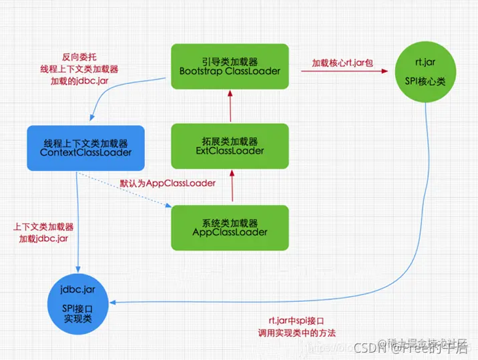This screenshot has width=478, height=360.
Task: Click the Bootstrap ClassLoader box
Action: pyautogui.click(x=230, y=65)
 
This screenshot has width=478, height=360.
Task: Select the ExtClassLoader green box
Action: pyautogui.click(x=230, y=146)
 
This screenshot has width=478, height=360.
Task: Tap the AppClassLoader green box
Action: pyautogui.click(x=230, y=227)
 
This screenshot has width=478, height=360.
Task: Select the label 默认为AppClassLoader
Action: pyautogui.click(x=168, y=183)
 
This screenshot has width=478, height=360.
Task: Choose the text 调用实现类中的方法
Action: pyautogui.click(x=296, y=332)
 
